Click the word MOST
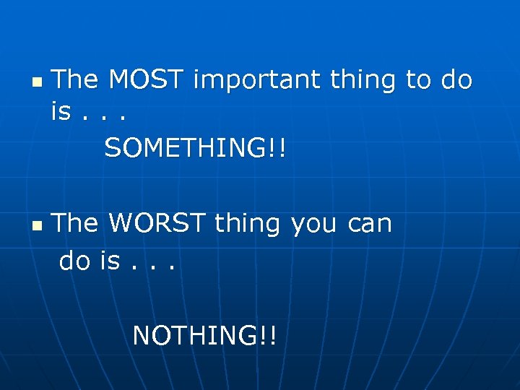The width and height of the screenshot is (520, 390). [147, 79]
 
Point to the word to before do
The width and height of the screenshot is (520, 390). [418, 79]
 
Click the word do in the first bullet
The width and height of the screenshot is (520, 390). [456, 79]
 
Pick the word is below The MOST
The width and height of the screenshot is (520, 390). [61, 112]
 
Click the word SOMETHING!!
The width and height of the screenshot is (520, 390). [195, 149]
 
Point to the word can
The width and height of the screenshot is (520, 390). [369, 224]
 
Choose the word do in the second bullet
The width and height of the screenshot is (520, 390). [75, 261]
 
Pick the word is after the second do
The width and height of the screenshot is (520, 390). [110, 261]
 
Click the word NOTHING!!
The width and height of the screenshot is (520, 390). [204, 335]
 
